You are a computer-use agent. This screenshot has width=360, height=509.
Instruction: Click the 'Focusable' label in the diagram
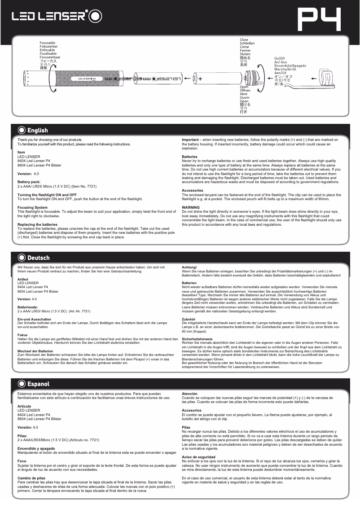48,43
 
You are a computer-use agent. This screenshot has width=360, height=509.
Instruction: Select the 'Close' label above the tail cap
244,40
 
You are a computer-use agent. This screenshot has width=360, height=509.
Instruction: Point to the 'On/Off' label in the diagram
279,58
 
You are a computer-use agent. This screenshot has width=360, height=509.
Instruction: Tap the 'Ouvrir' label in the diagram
245,97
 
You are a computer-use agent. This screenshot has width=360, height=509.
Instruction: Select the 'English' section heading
37,130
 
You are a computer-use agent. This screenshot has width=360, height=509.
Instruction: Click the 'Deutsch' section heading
38,258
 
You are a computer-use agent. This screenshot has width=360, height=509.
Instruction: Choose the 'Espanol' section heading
38,384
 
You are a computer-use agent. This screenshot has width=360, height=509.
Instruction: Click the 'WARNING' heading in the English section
191,207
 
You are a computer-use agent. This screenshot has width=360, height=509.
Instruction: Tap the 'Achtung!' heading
189,268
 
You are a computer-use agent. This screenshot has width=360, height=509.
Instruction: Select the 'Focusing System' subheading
32,207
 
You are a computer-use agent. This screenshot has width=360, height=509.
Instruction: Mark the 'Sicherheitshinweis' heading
197,339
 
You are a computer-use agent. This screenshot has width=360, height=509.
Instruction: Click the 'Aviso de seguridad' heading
197,457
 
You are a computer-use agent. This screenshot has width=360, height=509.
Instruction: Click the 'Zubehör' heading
189,319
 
